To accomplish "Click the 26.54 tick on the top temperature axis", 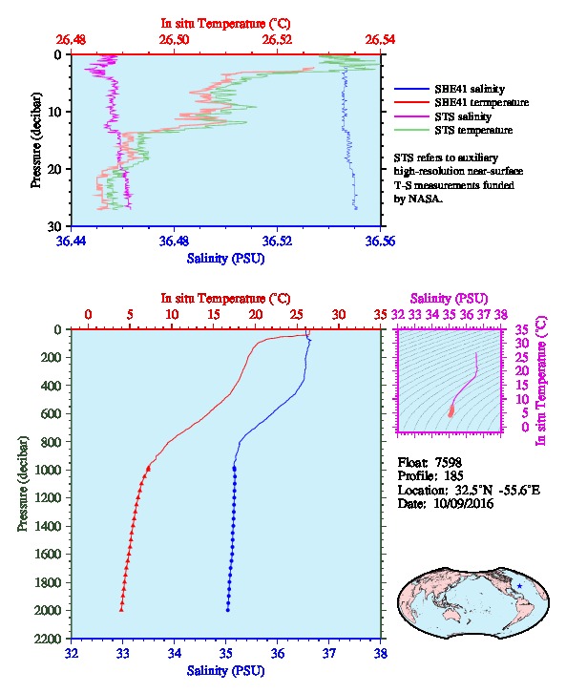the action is [380, 40].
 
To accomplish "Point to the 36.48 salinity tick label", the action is [174, 241].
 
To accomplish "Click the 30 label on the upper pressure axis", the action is [55, 226].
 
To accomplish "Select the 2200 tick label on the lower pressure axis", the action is [48, 639].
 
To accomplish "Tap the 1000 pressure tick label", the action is [48, 470].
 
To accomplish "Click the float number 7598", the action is [448, 462].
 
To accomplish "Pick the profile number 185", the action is [452, 476].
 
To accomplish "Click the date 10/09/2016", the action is [463, 503].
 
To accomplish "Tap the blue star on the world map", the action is [519, 586].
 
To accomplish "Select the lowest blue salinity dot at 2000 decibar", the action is [228, 610].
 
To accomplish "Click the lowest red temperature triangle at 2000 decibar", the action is [121, 610].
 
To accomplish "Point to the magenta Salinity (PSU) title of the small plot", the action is [449, 299].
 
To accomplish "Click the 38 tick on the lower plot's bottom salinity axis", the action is [381, 653].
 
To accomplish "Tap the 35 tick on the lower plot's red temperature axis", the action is [381, 314].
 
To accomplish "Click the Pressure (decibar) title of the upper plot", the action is [36, 140].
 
